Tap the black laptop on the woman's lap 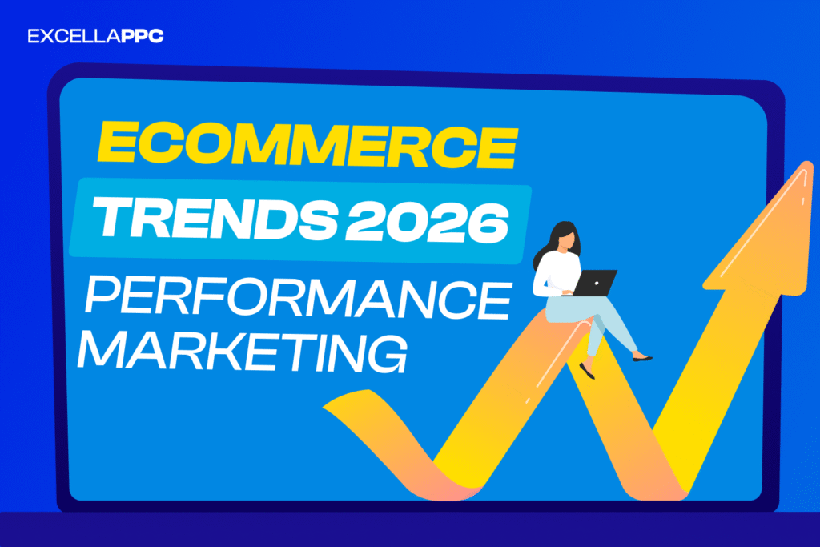click(593, 282)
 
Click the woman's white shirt click(553, 272)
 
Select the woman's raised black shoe click(642, 357)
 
